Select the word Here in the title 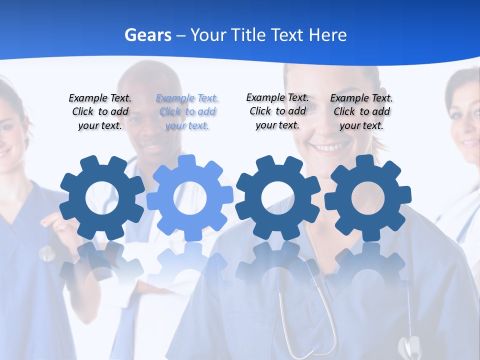click(x=327, y=35)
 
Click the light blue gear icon click(x=190, y=197)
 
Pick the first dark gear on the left click(x=102, y=197)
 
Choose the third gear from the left click(x=278, y=197)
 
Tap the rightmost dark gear click(x=368, y=197)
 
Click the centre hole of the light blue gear click(x=190, y=198)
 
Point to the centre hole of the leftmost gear click(x=102, y=198)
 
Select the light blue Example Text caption click(x=187, y=112)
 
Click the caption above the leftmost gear click(x=100, y=112)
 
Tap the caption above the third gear click(x=277, y=111)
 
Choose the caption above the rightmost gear click(x=361, y=112)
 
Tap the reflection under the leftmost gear click(x=102, y=265)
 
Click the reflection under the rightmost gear click(x=368, y=265)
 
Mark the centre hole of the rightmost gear click(x=368, y=198)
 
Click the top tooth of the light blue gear click(x=187, y=161)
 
